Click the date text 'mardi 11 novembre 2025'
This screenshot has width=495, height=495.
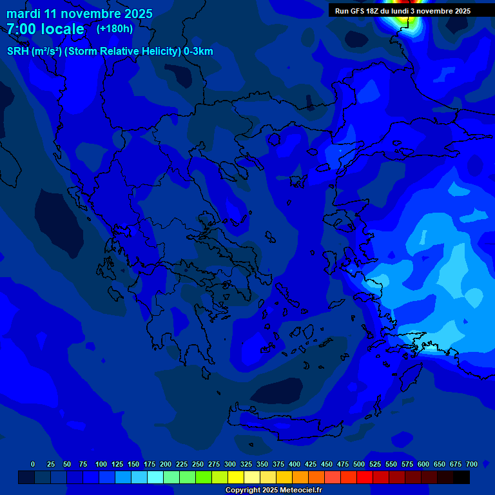coord(79,14)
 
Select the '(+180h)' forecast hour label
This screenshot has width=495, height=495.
coord(114,28)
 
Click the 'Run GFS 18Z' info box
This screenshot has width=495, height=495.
coord(402,10)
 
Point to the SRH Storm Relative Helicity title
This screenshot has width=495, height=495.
coord(110,52)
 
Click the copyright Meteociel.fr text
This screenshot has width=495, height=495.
coord(273,490)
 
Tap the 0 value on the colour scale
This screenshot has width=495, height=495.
coord(33,464)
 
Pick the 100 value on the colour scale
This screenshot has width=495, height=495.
coord(101,464)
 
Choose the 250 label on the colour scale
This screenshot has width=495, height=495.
coord(198,464)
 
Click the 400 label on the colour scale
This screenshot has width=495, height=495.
coord(295,464)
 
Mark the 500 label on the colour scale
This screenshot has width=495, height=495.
coord(359,464)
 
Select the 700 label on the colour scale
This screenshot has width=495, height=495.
coord(472,464)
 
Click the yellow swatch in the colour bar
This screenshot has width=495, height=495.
coord(236,478)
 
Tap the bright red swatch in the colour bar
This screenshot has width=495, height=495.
coord(365,478)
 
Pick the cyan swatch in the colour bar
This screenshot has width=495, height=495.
coord(155,478)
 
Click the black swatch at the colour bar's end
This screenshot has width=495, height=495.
coord(461,478)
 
